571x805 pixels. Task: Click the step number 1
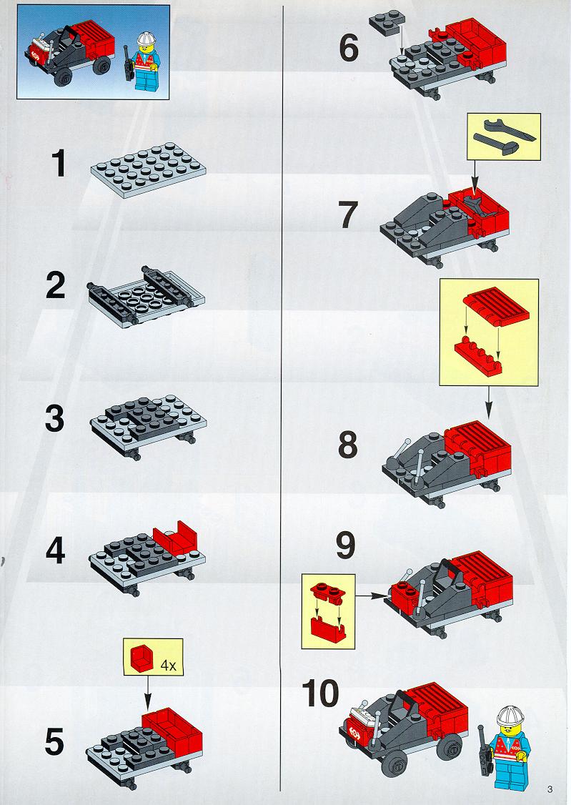59,163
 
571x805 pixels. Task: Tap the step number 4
56,550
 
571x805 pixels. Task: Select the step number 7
347,214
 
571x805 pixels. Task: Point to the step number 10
321,693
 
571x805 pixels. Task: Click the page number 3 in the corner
550,789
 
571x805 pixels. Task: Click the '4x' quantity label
168,666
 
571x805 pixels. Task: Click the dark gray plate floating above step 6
387,23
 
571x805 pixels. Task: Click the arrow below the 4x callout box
148,693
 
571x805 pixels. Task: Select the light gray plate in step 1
147,169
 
